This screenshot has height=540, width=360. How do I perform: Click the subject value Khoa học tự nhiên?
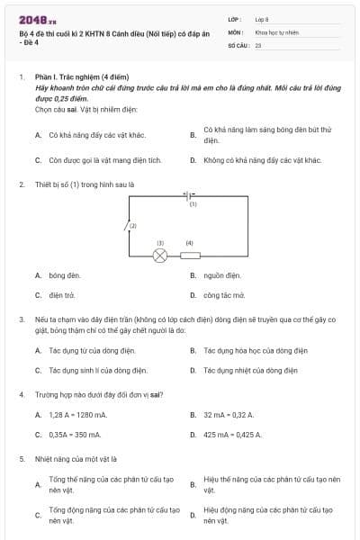click(x=276, y=31)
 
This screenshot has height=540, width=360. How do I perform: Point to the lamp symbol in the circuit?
click(x=160, y=256)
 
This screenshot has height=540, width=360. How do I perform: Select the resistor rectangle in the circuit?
click(x=191, y=256)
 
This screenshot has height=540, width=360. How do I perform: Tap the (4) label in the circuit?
click(x=190, y=243)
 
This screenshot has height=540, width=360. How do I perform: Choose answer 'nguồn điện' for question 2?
click(x=221, y=275)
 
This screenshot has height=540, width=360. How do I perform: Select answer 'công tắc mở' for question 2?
click(x=224, y=294)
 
